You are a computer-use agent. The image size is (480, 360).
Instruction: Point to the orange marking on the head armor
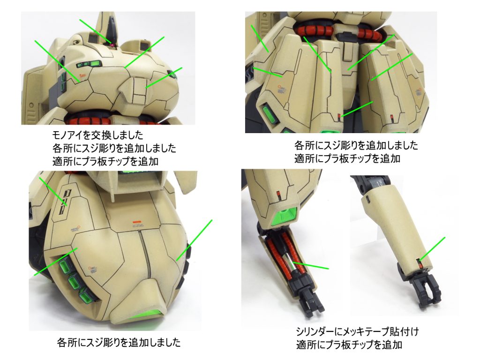tap(82, 75)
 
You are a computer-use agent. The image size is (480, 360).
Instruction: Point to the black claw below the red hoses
tap(313, 303)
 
